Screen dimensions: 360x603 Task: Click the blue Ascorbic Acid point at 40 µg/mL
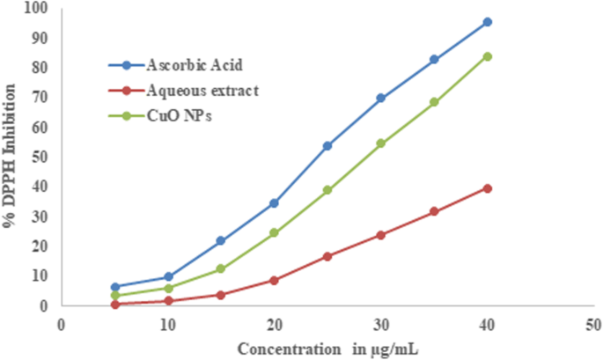coord(487,22)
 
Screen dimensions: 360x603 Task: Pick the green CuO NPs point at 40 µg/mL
coord(487,56)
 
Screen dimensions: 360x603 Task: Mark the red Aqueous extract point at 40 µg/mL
coord(487,188)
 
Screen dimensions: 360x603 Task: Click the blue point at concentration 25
coord(327,146)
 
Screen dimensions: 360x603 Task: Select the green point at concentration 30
coord(380,143)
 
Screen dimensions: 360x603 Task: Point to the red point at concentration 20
coord(274,281)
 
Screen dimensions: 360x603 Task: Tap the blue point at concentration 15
coord(221,241)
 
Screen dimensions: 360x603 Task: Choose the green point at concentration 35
coord(434,102)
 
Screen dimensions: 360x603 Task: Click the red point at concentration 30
coord(380,235)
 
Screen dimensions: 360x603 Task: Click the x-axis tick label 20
coord(274,324)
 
